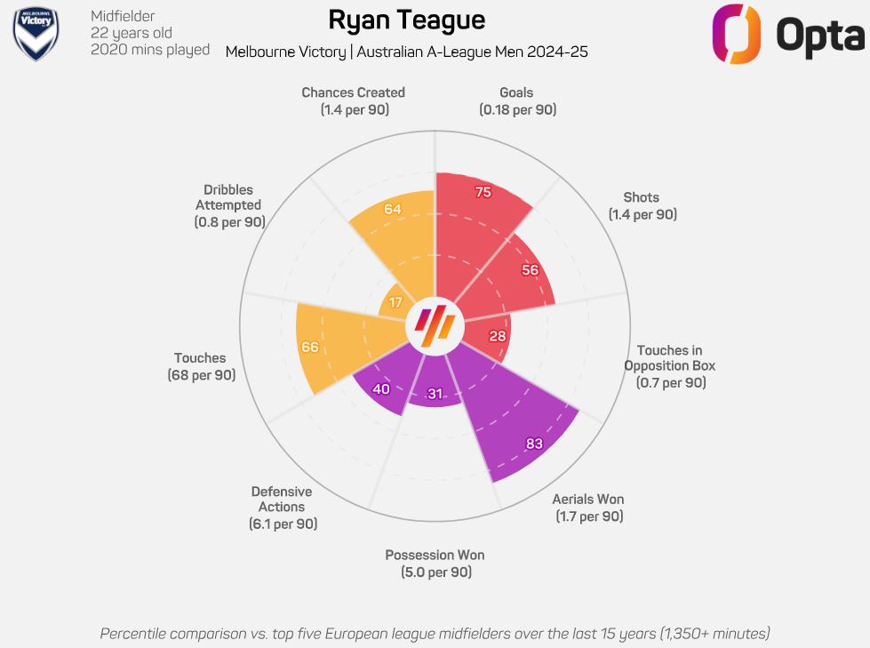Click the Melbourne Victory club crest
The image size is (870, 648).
pyautogui.click(x=36, y=34)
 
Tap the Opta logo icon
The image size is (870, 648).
pyautogui.click(x=738, y=34)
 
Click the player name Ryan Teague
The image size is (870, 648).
pyautogui.click(x=406, y=20)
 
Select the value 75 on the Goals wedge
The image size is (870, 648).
pyautogui.click(x=483, y=193)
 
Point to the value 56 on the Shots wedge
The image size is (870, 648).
pyautogui.click(x=530, y=270)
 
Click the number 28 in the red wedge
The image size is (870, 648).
pyautogui.click(x=498, y=335)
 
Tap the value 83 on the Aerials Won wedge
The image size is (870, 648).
pyautogui.click(x=534, y=443)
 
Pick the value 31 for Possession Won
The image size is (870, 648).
pyautogui.click(x=435, y=394)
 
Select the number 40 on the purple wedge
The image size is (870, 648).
pyautogui.click(x=381, y=388)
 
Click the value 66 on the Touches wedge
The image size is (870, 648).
pyautogui.click(x=309, y=347)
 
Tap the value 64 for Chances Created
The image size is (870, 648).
pyautogui.click(x=392, y=209)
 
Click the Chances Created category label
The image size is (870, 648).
pyautogui.click(x=353, y=92)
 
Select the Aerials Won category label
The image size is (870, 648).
pyautogui.click(x=588, y=500)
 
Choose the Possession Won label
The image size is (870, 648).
pyautogui.click(x=435, y=556)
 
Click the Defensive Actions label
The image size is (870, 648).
pyautogui.click(x=282, y=500)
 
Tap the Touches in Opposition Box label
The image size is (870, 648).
pyautogui.click(x=670, y=358)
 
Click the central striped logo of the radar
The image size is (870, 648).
pyautogui.click(x=435, y=324)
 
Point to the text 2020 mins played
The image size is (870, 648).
pyautogui.click(x=150, y=50)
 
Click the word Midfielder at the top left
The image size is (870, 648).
pyautogui.click(x=123, y=16)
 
